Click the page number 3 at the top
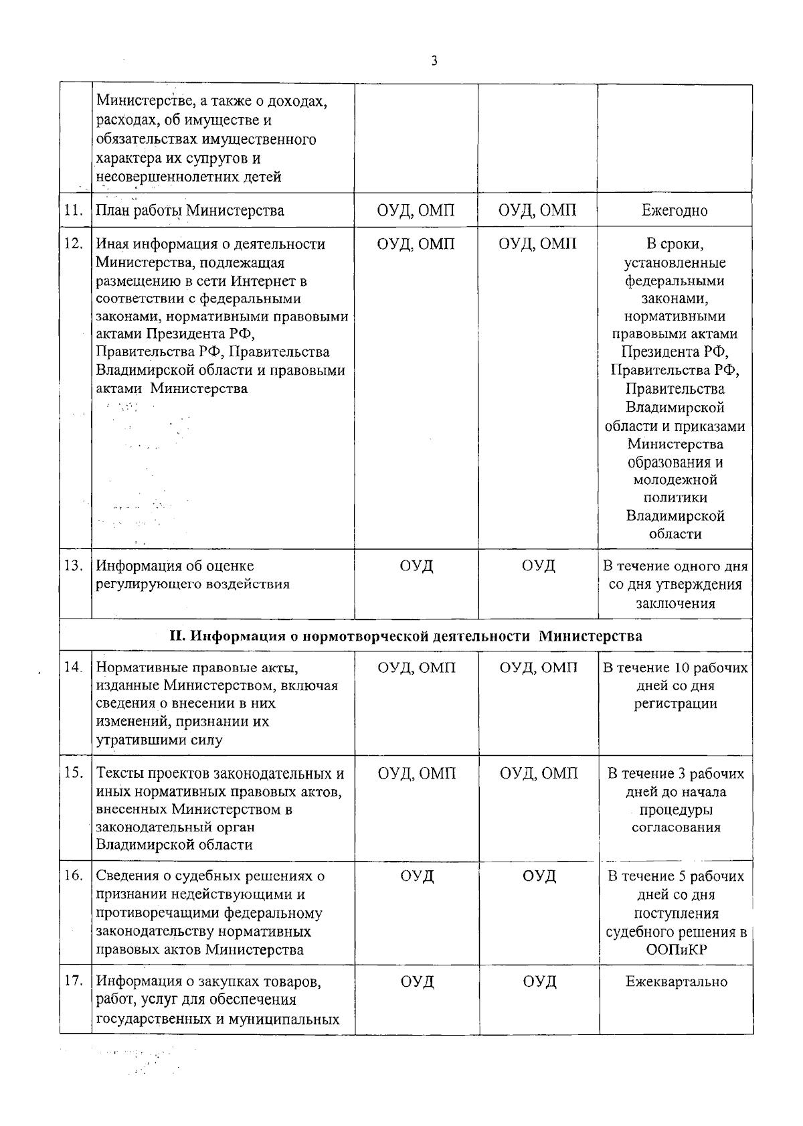(434, 61)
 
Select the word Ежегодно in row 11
(675, 210)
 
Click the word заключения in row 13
(675, 603)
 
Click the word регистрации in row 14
(675, 704)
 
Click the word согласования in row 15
(676, 827)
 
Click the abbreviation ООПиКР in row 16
(675, 950)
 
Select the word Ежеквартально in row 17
(676, 982)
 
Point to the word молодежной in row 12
(675, 480)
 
